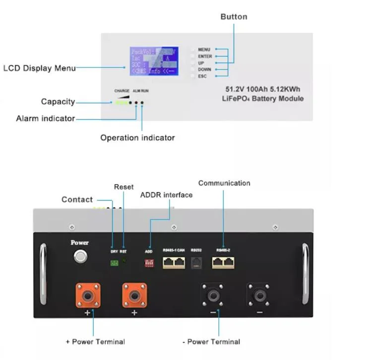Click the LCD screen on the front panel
point(153,61)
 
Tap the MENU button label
point(204,50)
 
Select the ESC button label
point(202,76)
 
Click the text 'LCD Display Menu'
point(40,68)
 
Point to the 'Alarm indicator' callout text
point(46,119)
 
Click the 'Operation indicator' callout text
point(137,138)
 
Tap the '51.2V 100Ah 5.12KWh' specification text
point(263,89)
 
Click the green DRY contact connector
point(114,263)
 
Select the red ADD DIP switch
point(148,263)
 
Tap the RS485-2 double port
point(223,263)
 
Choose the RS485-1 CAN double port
point(174,263)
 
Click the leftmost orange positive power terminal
point(88,295)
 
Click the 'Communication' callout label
point(224,183)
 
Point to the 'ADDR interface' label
point(167,195)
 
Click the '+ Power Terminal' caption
point(95,342)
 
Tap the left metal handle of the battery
point(43,273)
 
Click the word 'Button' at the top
point(234,17)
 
